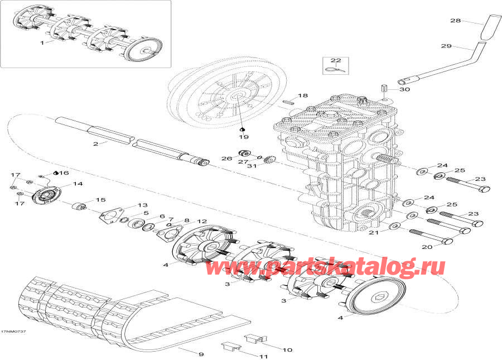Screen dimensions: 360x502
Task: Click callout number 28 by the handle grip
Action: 456,21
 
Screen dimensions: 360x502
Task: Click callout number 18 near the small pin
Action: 302,96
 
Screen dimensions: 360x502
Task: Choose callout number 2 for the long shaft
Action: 95,144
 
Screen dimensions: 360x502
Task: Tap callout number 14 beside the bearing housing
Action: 78,184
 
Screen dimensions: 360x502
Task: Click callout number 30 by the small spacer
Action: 404,89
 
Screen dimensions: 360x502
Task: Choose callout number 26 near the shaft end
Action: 225,159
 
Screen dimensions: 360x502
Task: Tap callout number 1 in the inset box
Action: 41,42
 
